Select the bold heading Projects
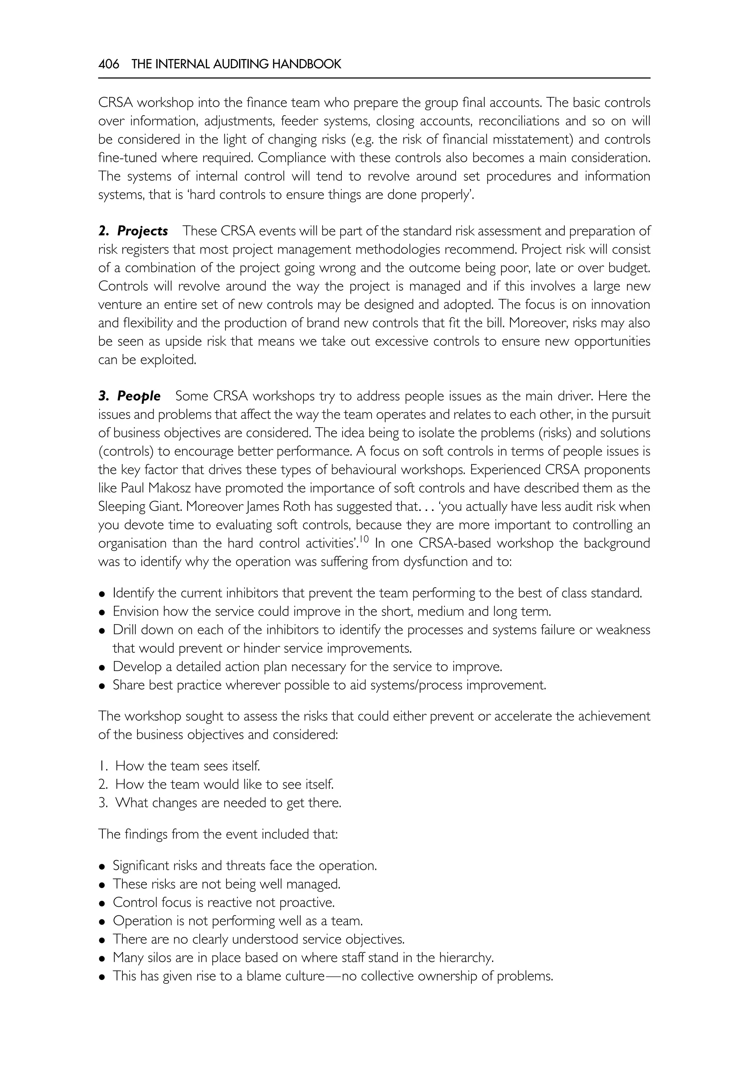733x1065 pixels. pyautogui.click(x=142, y=231)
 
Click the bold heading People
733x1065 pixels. pyautogui.click(x=139, y=396)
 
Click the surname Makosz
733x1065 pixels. pyautogui.click(x=184, y=488)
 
